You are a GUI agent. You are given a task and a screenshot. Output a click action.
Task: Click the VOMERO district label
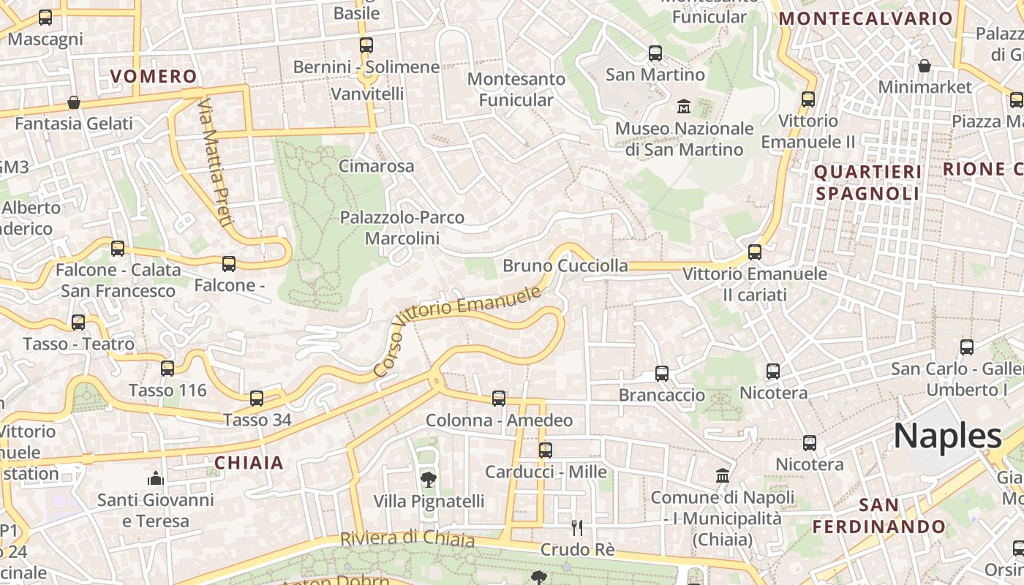click(154, 76)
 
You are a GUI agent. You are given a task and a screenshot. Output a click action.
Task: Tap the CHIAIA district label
click(249, 462)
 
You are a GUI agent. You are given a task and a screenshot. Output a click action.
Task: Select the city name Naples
click(947, 437)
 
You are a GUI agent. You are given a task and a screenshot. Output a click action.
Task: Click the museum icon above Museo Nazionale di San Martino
click(684, 107)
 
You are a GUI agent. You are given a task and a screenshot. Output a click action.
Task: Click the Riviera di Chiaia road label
click(407, 539)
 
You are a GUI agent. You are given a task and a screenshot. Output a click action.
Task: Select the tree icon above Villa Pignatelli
click(429, 480)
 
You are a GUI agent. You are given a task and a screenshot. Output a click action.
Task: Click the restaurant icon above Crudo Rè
click(577, 527)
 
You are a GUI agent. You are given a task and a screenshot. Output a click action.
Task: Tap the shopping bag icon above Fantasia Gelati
click(74, 102)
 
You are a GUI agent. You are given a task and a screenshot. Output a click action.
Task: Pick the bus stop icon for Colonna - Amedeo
click(499, 399)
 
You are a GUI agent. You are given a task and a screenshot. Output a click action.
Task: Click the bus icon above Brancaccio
click(662, 374)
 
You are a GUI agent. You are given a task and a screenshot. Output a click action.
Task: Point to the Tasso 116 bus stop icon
click(167, 369)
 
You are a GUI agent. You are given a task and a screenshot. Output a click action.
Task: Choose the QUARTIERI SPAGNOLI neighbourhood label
click(867, 182)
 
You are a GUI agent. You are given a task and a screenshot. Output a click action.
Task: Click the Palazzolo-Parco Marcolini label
click(402, 227)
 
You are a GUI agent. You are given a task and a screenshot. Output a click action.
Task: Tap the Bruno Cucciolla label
click(565, 265)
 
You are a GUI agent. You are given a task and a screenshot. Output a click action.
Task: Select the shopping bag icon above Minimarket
click(925, 66)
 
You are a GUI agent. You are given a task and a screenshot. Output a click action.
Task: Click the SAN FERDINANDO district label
click(878, 516)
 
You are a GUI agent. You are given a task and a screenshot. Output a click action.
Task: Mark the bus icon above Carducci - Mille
click(546, 450)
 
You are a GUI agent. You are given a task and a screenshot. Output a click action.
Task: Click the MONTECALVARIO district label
click(867, 19)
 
